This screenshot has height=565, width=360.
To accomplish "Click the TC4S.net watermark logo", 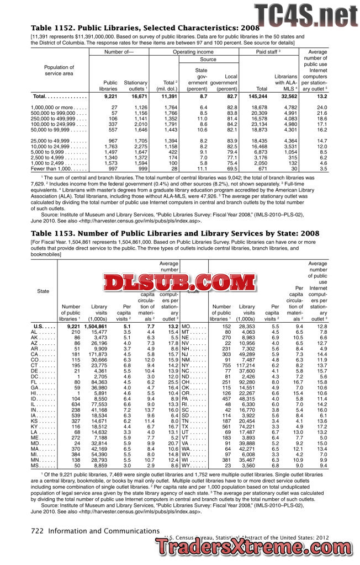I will pos(305,14).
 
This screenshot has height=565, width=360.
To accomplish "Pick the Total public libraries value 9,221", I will pos(108,97).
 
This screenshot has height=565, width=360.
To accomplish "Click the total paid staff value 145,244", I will pos(258,97).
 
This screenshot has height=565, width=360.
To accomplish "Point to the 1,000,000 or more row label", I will pos(51,107).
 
